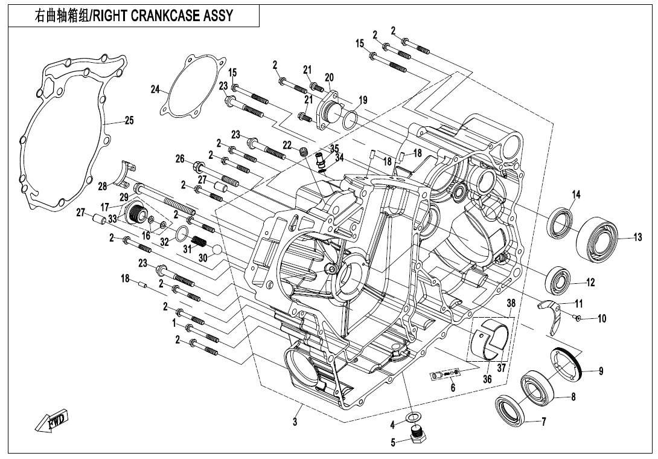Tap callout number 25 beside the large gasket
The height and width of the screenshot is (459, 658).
(x=129, y=120)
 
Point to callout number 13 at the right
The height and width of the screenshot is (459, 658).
(x=637, y=237)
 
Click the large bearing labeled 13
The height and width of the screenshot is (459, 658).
(x=598, y=240)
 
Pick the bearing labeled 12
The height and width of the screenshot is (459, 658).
(x=558, y=280)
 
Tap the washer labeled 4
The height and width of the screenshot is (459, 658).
(x=414, y=417)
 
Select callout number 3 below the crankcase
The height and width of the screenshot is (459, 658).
(x=295, y=422)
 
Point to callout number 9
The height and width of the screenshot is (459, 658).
(x=601, y=371)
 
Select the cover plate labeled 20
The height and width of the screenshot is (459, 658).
(x=327, y=109)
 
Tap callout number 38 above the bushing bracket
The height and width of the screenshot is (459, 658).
(x=510, y=303)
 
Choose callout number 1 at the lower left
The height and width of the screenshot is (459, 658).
(x=174, y=323)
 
